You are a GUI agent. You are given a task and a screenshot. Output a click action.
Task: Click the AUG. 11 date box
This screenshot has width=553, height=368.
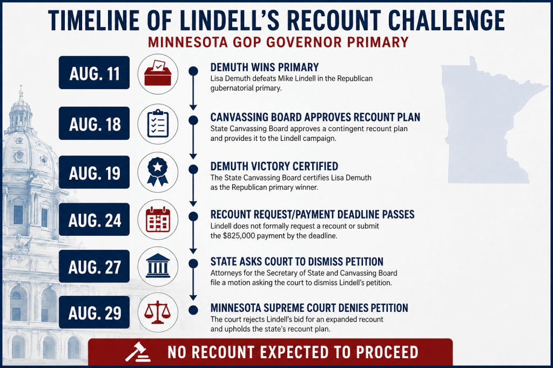tap(94, 73)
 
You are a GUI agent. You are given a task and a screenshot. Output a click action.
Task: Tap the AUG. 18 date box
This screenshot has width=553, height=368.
tap(94, 124)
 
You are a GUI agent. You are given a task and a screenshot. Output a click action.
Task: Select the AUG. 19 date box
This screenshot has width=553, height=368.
tap(94, 172)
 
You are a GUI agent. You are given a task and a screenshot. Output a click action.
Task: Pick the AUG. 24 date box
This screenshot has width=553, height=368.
tap(94, 219)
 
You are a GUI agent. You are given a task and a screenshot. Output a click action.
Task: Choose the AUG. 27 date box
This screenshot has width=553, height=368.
tap(94, 266)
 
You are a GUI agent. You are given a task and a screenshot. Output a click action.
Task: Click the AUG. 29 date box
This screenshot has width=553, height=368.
tap(94, 312)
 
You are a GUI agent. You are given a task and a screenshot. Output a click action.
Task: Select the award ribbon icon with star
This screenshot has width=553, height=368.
tap(158, 172)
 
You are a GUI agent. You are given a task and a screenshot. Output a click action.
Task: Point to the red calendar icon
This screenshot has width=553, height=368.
tap(158, 220)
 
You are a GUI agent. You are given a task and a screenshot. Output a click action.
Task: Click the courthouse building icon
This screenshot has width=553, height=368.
tap(158, 265)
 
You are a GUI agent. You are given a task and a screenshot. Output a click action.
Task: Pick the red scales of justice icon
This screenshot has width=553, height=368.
tap(157, 312)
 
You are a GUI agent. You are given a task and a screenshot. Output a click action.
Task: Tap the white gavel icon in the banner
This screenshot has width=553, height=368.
tap(138, 352)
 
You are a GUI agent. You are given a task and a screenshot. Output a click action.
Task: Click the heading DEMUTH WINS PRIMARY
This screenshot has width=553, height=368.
tap(265, 67)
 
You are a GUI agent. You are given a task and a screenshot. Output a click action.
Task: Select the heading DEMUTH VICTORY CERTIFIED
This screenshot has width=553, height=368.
tap(274, 166)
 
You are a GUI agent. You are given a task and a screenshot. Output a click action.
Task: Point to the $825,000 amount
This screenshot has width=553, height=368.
tap(239, 235)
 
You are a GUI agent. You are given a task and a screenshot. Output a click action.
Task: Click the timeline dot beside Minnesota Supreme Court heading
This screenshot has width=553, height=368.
tap(193, 310)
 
